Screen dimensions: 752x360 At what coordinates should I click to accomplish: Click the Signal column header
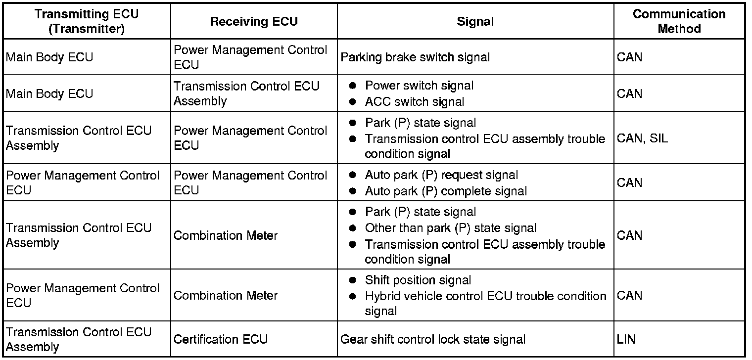pyautogui.click(x=475, y=21)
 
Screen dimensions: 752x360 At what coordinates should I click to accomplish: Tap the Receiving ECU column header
pyautogui.click(x=254, y=21)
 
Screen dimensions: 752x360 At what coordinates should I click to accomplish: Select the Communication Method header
pyautogui.click(x=679, y=21)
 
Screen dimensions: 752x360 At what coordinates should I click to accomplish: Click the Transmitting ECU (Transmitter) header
pyautogui.click(x=87, y=21)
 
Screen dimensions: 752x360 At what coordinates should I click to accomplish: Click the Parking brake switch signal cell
pyautogui.click(x=415, y=57)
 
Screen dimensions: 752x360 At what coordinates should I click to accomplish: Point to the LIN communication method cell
pyautogui.click(x=626, y=339)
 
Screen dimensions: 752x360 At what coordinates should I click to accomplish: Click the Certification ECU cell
pyautogui.click(x=221, y=339)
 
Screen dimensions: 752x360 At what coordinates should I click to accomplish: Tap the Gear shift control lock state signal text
pyautogui.click(x=433, y=339)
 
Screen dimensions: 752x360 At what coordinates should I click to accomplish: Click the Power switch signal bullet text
pyautogui.click(x=419, y=86)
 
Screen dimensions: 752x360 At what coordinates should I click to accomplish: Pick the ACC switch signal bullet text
pyautogui.click(x=415, y=102)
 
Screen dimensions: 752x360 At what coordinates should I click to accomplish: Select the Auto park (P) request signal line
pyautogui.click(x=441, y=175)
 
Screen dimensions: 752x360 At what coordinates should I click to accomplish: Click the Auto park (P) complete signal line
pyautogui.click(x=446, y=190)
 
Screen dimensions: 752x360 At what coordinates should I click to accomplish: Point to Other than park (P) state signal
pyautogui.click(x=450, y=228)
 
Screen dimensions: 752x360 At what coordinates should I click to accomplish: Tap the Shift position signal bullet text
pyautogui.click(x=418, y=280)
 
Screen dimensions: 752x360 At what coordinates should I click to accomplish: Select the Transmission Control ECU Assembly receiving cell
pyautogui.click(x=246, y=93)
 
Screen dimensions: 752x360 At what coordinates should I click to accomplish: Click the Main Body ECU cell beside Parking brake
pyautogui.click(x=49, y=57)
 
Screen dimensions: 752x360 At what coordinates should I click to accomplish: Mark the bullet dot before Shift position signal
pyautogui.click(x=352, y=280)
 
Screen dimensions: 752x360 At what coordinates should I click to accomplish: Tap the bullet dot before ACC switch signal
pyautogui.click(x=352, y=102)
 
